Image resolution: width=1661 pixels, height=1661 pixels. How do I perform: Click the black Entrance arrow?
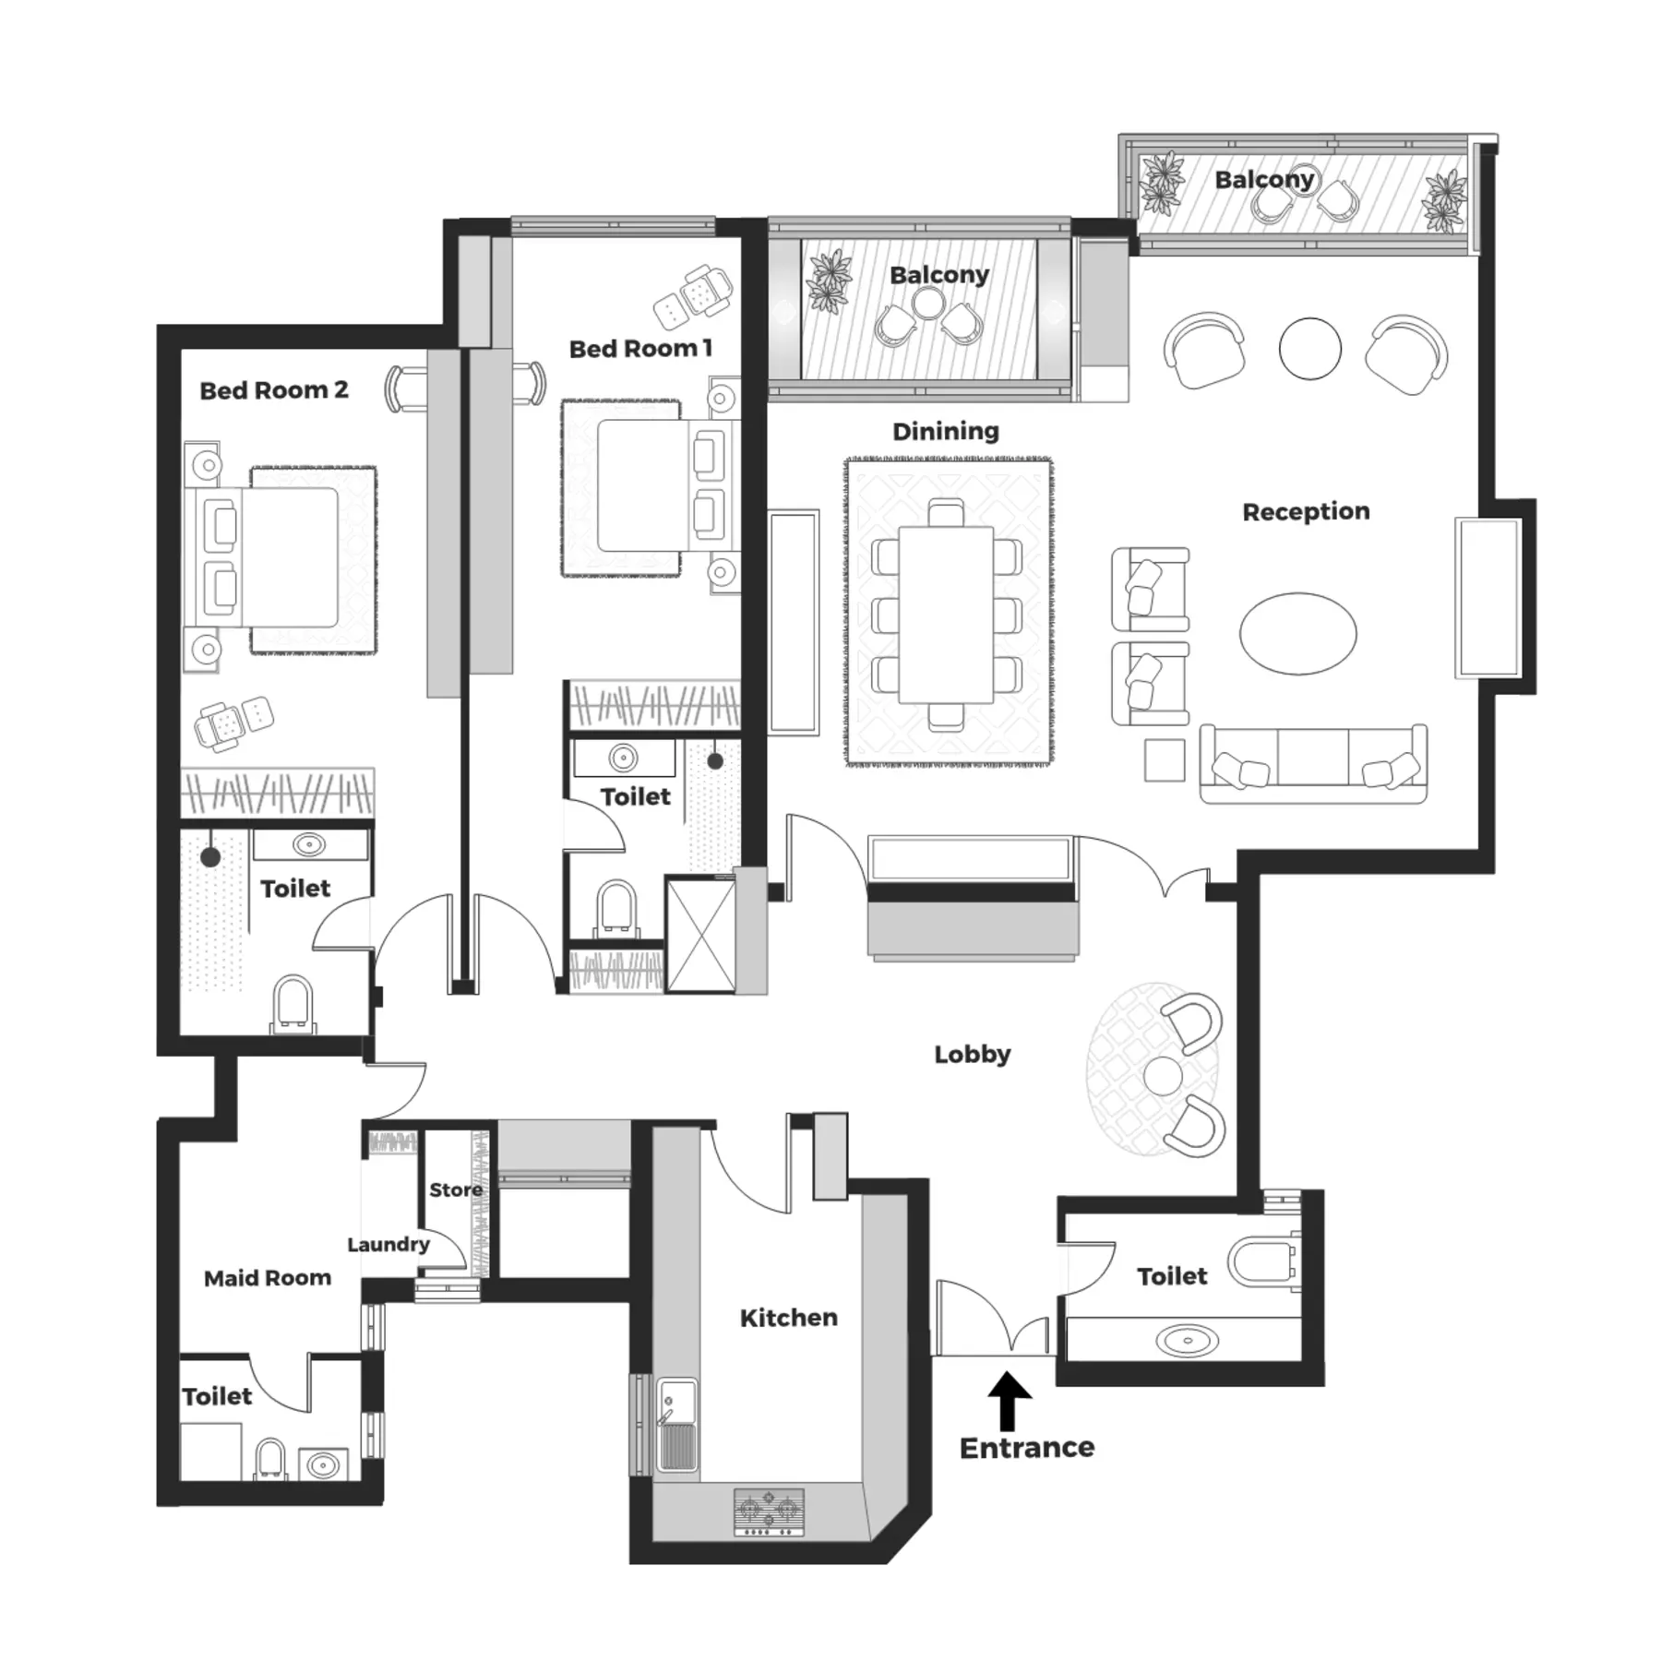click(1010, 1401)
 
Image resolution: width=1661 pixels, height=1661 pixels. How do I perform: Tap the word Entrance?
click(1026, 1447)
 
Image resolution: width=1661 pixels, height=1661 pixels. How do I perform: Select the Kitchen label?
click(789, 1318)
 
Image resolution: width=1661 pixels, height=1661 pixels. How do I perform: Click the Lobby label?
click(973, 1054)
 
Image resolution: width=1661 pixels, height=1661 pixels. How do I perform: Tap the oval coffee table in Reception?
click(1297, 634)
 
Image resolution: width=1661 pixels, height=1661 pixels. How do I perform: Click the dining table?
click(947, 615)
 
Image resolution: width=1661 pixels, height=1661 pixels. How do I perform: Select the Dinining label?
click(946, 431)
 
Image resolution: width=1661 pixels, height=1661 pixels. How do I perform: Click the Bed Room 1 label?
click(640, 349)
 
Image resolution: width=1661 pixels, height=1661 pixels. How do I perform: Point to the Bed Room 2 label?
click(274, 390)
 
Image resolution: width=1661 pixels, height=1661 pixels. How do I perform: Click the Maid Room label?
click(268, 1278)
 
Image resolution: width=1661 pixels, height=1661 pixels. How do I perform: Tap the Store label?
click(456, 1190)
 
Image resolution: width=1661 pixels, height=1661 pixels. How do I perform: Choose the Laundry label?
click(388, 1245)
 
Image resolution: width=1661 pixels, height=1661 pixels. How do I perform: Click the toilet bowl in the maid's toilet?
click(270, 1459)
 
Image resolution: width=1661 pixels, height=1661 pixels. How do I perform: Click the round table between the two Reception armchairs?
click(1309, 348)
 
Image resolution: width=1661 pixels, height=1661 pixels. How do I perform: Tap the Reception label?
click(1306, 511)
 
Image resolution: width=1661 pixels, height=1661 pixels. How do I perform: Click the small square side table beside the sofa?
click(1165, 760)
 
